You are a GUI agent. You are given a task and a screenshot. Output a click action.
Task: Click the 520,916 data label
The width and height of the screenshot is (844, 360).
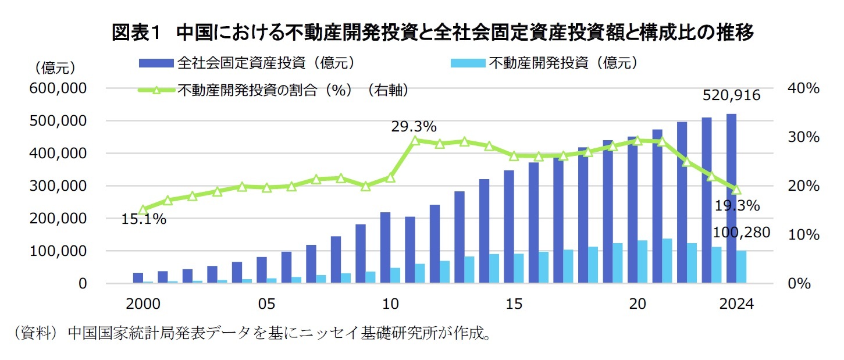coord(731,95)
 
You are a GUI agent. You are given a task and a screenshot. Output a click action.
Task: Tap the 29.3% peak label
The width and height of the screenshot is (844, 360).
coord(413,126)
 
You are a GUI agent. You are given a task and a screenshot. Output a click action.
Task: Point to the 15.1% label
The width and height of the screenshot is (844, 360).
coord(144,219)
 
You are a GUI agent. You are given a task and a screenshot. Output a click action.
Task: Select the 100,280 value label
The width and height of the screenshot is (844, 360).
coord(741,233)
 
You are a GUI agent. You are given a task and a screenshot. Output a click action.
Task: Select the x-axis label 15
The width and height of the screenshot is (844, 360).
coord(514,304)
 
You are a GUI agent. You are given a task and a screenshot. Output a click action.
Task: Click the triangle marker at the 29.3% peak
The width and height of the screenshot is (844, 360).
coord(415,140)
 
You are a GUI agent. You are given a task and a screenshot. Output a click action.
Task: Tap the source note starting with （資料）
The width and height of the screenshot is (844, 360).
coord(251,334)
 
